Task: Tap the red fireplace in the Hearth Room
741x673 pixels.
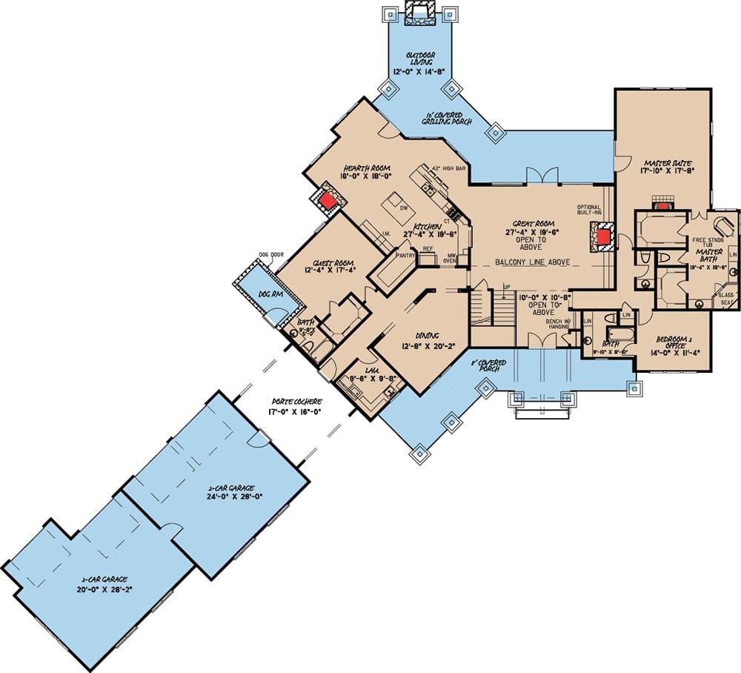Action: pyautogui.click(x=326, y=199)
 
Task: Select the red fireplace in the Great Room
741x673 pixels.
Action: pyautogui.click(x=604, y=237)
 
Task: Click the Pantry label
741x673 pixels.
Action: pyautogui.click(x=405, y=254)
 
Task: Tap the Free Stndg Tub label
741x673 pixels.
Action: pyautogui.click(x=708, y=244)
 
